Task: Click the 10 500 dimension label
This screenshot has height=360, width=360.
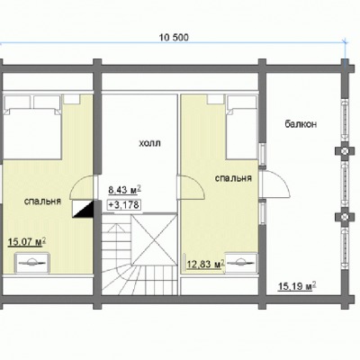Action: [174, 38]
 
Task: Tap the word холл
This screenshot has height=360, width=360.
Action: [149, 143]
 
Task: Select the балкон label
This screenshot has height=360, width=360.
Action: [301, 124]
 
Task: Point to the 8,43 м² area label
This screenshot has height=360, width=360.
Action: [124, 190]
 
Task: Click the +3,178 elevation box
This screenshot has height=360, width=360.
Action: [124, 205]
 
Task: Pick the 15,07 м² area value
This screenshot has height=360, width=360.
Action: [27, 242]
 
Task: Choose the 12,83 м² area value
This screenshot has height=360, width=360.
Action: [206, 265]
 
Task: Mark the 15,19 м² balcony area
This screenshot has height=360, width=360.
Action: [298, 286]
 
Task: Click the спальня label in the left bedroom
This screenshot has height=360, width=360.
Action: [42, 202]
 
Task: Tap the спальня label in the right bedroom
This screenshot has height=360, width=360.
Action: [233, 178]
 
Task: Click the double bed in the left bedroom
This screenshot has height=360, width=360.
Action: [32, 127]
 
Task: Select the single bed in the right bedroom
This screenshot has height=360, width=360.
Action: [242, 127]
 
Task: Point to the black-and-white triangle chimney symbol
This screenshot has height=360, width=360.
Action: [83, 209]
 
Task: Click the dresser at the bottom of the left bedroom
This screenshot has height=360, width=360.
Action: [31, 263]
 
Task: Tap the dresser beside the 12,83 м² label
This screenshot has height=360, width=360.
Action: [241, 263]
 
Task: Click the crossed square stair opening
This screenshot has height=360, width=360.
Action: [154, 239]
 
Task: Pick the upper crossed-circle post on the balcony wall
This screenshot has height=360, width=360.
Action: [346, 150]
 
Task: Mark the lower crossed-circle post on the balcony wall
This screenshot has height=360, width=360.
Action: [346, 216]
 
